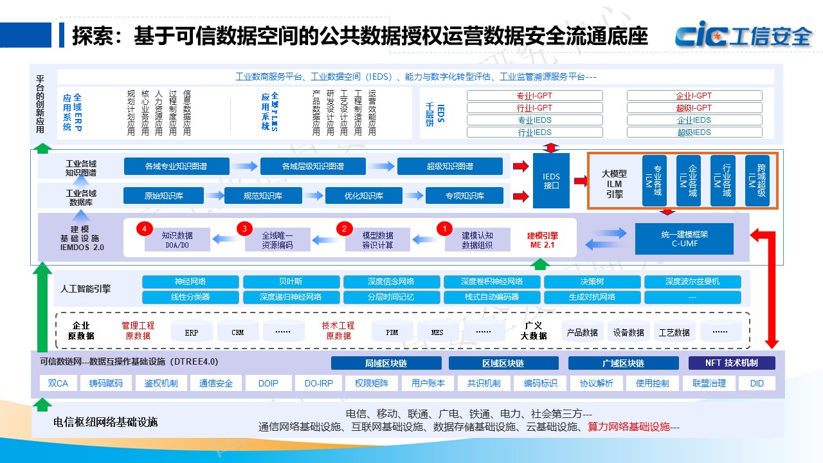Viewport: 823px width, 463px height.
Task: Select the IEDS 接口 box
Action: click(x=551, y=181)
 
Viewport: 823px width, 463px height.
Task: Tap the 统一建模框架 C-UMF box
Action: click(x=683, y=239)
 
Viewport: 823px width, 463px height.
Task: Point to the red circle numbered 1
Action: click(x=444, y=228)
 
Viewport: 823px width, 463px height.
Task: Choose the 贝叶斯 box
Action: click(x=291, y=282)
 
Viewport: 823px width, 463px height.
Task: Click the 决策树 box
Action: click(x=592, y=282)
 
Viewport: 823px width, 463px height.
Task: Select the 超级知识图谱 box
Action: click(x=449, y=166)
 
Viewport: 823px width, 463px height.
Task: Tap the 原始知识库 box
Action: click(x=163, y=195)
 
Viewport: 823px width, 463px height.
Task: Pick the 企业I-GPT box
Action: click(x=694, y=96)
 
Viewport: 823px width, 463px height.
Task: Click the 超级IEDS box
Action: click(x=694, y=132)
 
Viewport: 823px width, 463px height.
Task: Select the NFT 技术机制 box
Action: click(x=731, y=363)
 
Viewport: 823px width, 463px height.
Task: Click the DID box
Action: click(x=757, y=383)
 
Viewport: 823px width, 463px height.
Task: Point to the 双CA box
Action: click(x=58, y=383)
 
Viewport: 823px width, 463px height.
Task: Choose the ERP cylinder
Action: click(x=192, y=332)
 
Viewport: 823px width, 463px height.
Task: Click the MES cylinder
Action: click(x=437, y=332)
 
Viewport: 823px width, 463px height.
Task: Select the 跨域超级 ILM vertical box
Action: click(x=757, y=181)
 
